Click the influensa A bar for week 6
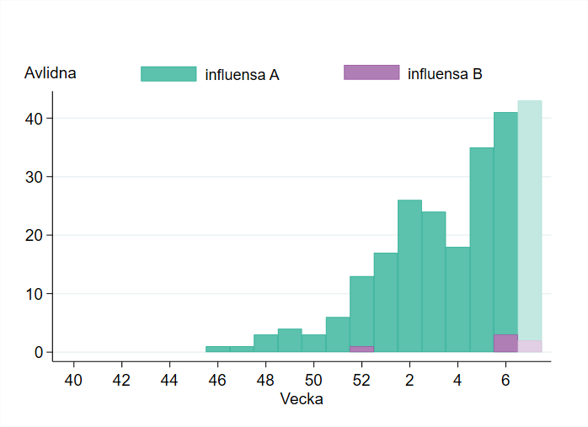coord(505,219)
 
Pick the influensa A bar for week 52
coord(361,307)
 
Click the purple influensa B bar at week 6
coord(505,343)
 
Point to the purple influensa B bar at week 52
coord(361,349)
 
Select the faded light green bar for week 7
coord(530,219)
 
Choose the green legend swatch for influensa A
coord(168,74)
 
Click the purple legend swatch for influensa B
coord(372,72)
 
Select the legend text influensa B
coord(445,74)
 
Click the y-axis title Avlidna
coord(51,73)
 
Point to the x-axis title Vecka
coord(301,399)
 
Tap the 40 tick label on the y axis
coord(33,119)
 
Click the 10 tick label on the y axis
coord(33,294)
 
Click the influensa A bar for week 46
coord(217,349)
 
